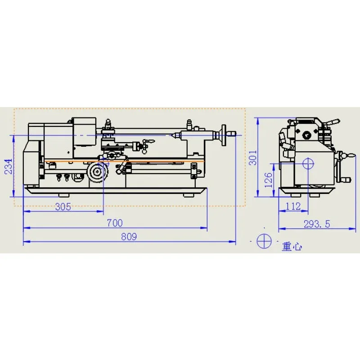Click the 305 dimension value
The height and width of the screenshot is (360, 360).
(x=63, y=207)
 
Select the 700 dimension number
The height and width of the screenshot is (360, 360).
(x=115, y=223)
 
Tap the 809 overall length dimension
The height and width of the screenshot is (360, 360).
(x=129, y=237)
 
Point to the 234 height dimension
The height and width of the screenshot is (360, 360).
(x=8, y=166)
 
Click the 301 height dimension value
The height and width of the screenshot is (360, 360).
(x=253, y=158)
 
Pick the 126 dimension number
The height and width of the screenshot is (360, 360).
(x=268, y=180)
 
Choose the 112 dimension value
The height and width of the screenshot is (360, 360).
(x=293, y=207)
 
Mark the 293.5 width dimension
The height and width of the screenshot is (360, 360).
(x=317, y=224)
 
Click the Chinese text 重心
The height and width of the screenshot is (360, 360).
(x=292, y=247)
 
